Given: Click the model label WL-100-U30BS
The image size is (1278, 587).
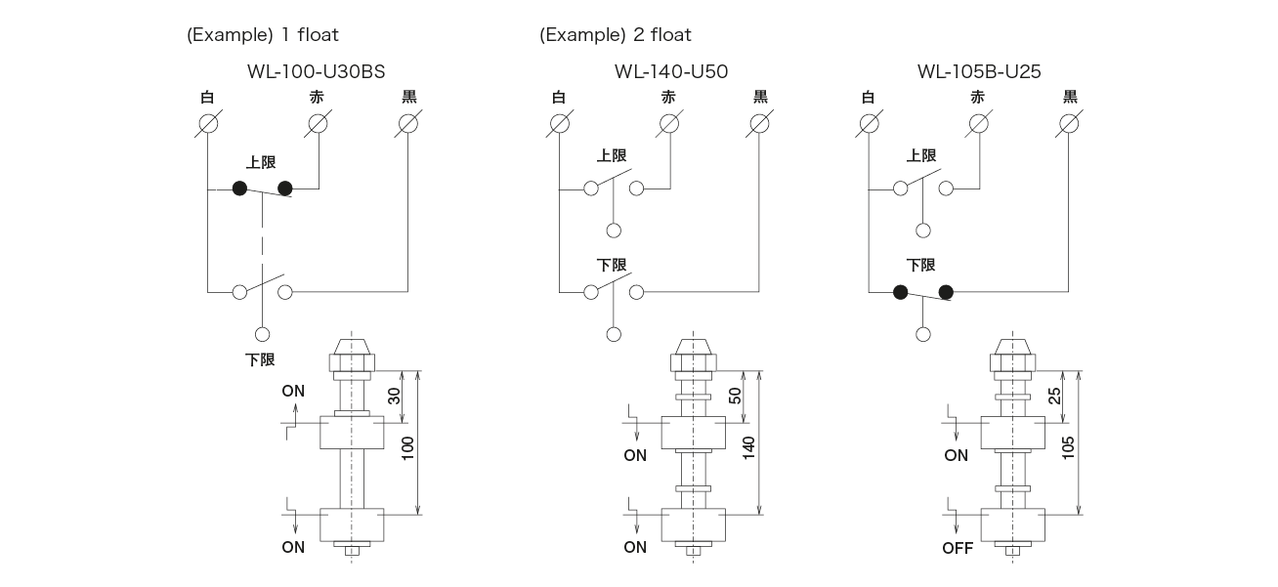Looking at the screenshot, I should click(317, 71).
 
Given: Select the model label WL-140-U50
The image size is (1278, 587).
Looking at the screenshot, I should click(671, 71).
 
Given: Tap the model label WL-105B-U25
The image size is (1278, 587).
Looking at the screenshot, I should click(979, 71).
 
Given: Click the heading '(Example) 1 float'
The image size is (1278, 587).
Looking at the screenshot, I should click(262, 35).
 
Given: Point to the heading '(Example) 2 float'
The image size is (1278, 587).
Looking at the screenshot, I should click(615, 35).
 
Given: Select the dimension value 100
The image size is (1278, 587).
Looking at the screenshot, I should click(407, 447).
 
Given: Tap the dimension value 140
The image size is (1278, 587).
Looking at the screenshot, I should click(748, 447).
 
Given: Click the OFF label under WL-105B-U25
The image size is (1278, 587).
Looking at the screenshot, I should click(958, 548).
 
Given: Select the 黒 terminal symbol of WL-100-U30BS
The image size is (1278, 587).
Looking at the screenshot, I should click(408, 124).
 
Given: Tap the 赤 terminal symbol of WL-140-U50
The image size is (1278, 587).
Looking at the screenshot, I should click(668, 124).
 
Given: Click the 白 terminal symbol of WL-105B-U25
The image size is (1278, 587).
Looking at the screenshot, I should click(868, 124).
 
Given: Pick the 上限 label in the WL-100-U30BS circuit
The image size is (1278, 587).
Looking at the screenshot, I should click(261, 162).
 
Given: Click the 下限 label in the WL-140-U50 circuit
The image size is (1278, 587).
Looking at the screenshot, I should click(612, 265).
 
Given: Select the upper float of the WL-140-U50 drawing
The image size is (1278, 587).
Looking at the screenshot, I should click(693, 434).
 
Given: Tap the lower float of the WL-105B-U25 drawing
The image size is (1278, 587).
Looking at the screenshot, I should click(1011, 525).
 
